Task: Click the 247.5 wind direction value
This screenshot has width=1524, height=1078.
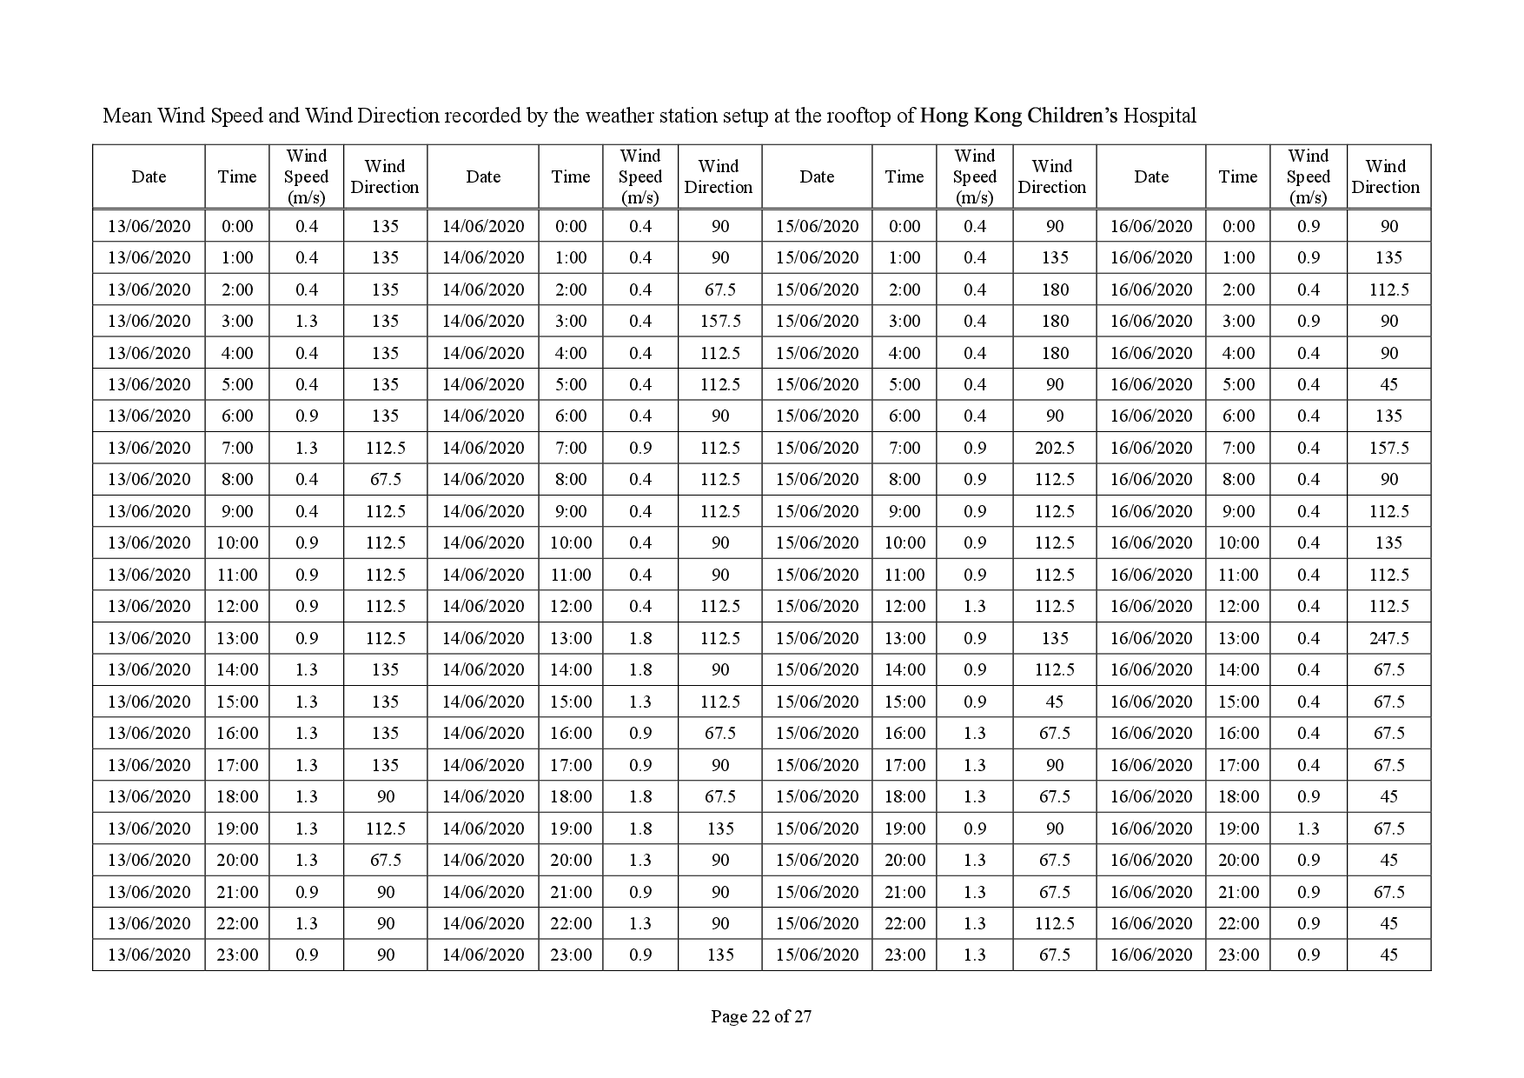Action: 1388,638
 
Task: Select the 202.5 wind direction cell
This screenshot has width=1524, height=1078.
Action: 1054,448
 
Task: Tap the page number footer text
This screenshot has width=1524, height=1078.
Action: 761,1016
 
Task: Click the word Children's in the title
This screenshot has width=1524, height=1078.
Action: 1073,116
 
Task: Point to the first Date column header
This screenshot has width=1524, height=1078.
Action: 149,176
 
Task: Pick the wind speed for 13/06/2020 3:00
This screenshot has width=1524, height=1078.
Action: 307,321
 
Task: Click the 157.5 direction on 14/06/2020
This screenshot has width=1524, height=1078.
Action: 719,321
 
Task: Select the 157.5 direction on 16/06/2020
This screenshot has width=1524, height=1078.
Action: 1388,448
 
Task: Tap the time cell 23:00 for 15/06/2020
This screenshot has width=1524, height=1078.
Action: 904,955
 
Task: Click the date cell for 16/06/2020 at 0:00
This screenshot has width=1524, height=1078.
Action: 1150,226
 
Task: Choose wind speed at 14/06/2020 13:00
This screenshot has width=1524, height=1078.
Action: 640,638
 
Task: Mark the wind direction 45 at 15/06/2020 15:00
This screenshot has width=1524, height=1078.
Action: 1054,702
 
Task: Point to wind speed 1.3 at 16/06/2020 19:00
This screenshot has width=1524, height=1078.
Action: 1308,828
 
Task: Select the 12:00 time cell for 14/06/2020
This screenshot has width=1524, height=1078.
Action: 571,606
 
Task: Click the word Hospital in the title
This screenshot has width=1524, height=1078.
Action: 1160,116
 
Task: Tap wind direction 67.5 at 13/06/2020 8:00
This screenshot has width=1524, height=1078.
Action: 385,479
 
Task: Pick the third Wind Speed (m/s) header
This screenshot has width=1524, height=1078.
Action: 974,176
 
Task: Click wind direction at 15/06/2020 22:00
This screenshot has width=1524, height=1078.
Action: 1054,923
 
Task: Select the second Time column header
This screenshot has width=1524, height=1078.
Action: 571,176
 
